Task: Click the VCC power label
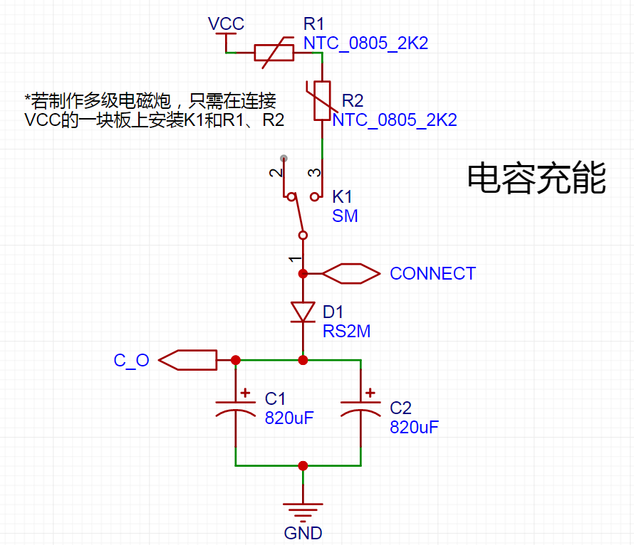(x=226, y=23)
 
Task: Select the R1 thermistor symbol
(x=274, y=53)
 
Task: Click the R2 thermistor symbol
(x=322, y=100)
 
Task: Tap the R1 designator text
(x=313, y=24)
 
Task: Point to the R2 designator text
(x=353, y=100)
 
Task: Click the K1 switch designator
(x=342, y=197)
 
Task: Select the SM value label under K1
(x=345, y=216)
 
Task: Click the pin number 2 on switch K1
(x=276, y=173)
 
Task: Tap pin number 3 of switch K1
(x=314, y=173)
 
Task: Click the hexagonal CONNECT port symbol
(x=351, y=274)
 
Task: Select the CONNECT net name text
(x=432, y=274)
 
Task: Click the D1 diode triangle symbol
(x=303, y=312)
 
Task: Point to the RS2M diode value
(x=346, y=332)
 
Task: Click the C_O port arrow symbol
(x=187, y=360)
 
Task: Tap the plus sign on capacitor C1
(x=245, y=393)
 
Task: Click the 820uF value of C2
(x=414, y=428)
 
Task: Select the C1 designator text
(x=275, y=399)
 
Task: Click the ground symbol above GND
(x=303, y=510)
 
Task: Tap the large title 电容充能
(x=536, y=178)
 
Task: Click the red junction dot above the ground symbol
(x=303, y=466)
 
